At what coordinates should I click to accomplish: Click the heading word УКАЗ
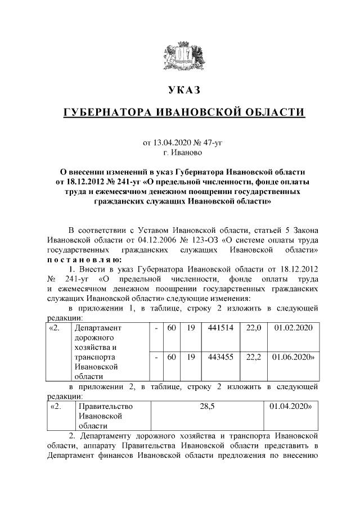point(184,91)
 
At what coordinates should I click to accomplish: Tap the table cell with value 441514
point(220,327)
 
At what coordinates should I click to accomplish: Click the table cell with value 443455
point(220,357)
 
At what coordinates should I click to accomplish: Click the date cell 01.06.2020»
point(294,357)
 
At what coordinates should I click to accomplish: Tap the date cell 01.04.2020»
point(292,406)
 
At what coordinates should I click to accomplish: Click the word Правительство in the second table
point(106,406)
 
